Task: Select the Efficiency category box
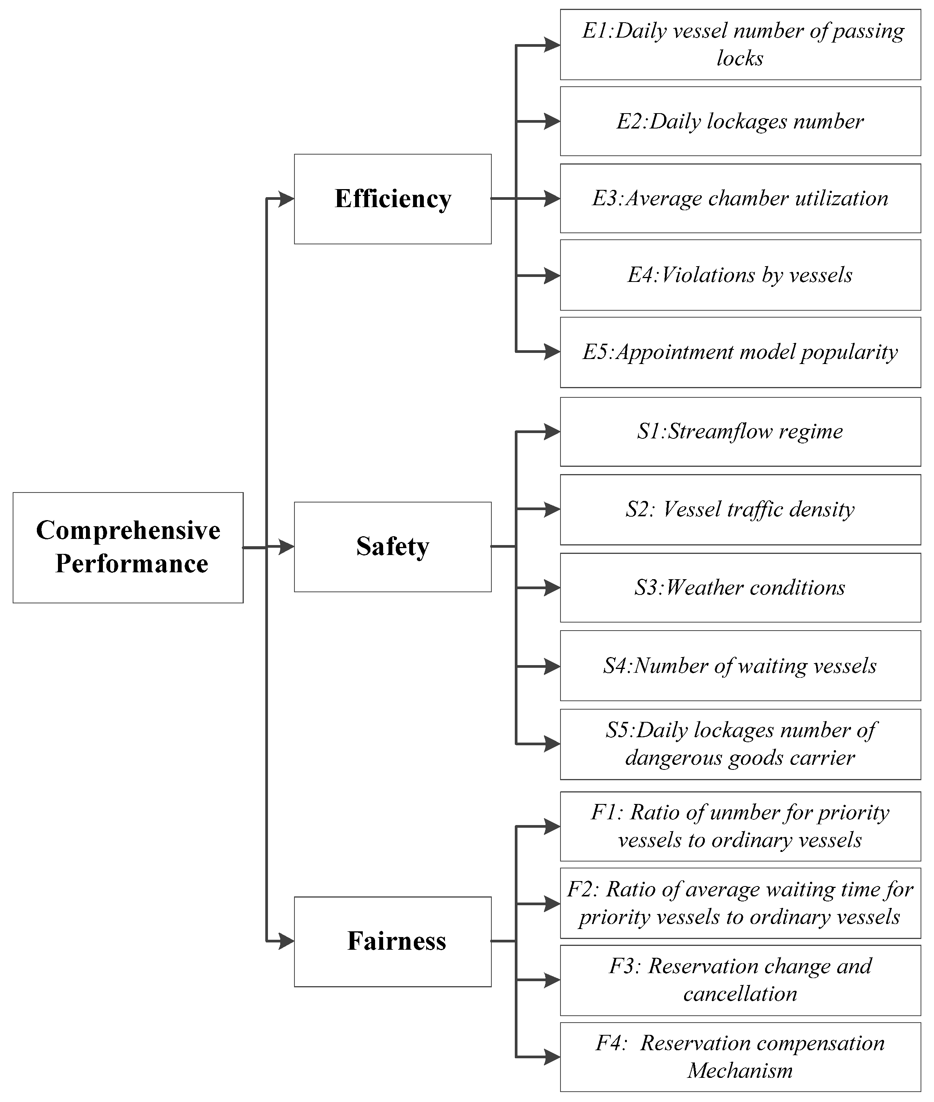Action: point(392,199)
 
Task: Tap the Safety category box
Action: point(392,547)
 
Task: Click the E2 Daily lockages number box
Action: point(740,121)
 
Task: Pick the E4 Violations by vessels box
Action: point(740,275)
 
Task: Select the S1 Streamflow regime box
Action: point(740,432)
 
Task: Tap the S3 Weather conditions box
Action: point(740,588)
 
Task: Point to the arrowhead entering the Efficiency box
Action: point(286,199)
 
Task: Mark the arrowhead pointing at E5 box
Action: point(552,352)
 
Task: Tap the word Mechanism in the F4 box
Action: point(740,1071)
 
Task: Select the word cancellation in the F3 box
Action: point(740,994)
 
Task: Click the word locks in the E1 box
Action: point(740,59)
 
